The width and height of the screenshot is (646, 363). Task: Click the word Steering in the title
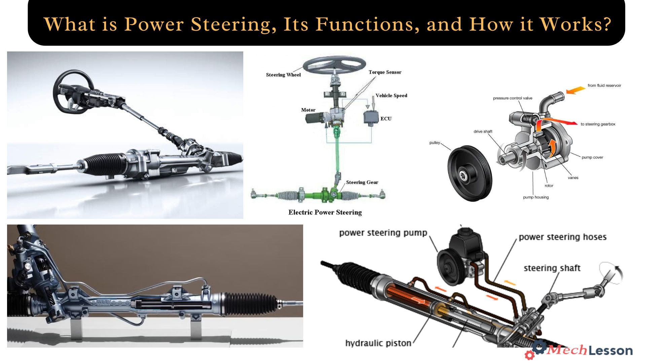(x=231, y=24)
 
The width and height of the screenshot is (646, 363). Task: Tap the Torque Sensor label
(x=385, y=72)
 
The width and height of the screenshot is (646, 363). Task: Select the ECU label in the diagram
(x=386, y=119)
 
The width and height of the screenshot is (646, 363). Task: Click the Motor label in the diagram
(x=308, y=110)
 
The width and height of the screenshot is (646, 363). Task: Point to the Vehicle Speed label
(x=391, y=95)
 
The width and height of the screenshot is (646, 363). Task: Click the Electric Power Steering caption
(x=325, y=212)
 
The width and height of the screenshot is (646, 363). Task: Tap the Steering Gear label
(x=362, y=182)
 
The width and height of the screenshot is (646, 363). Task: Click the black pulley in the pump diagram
(x=470, y=173)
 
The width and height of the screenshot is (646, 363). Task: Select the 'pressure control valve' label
(x=512, y=98)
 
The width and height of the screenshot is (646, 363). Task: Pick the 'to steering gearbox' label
(x=598, y=124)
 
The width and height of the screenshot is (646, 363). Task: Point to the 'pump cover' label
(x=592, y=157)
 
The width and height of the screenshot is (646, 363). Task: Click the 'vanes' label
(x=573, y=178)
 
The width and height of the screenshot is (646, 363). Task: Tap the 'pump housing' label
(x=536, y=197)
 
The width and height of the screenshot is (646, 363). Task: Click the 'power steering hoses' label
(x=563, y=237)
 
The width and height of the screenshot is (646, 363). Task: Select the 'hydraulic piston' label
(x=378, y=343)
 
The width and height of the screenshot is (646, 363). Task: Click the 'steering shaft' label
(x=552, y=268)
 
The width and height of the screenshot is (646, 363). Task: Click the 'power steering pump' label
(x=383, y=233)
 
